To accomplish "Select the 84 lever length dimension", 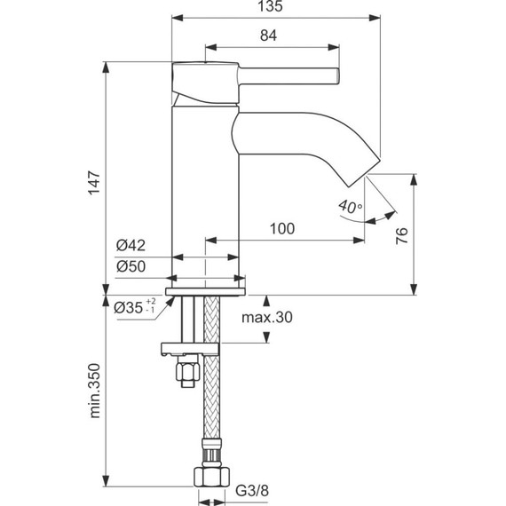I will point(270,36).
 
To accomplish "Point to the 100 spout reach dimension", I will point(281,229).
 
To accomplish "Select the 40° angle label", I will point(350,207).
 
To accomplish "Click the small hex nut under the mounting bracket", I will point(186,373).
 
